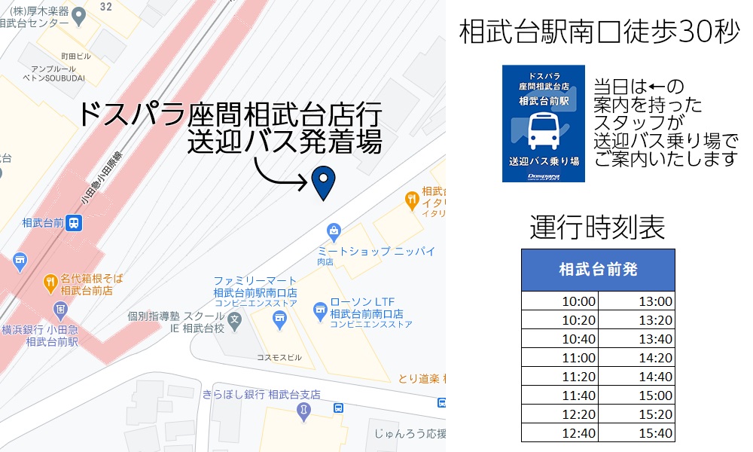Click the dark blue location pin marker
point(323,182)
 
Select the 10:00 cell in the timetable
point(579,302)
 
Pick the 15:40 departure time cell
point(655,433)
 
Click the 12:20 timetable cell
point(579,414)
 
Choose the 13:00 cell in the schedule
point(655,302)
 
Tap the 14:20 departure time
point(655,359)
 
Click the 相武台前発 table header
point(598,270)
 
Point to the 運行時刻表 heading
point(597,227)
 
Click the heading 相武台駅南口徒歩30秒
point(599,32)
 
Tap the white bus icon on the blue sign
point(544,130)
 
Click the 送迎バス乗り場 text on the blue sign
point(544,161)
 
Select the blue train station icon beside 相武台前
point(74,223)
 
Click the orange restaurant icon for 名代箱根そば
point(50,283)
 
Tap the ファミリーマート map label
point(255,281)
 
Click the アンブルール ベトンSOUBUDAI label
point(54,73)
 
